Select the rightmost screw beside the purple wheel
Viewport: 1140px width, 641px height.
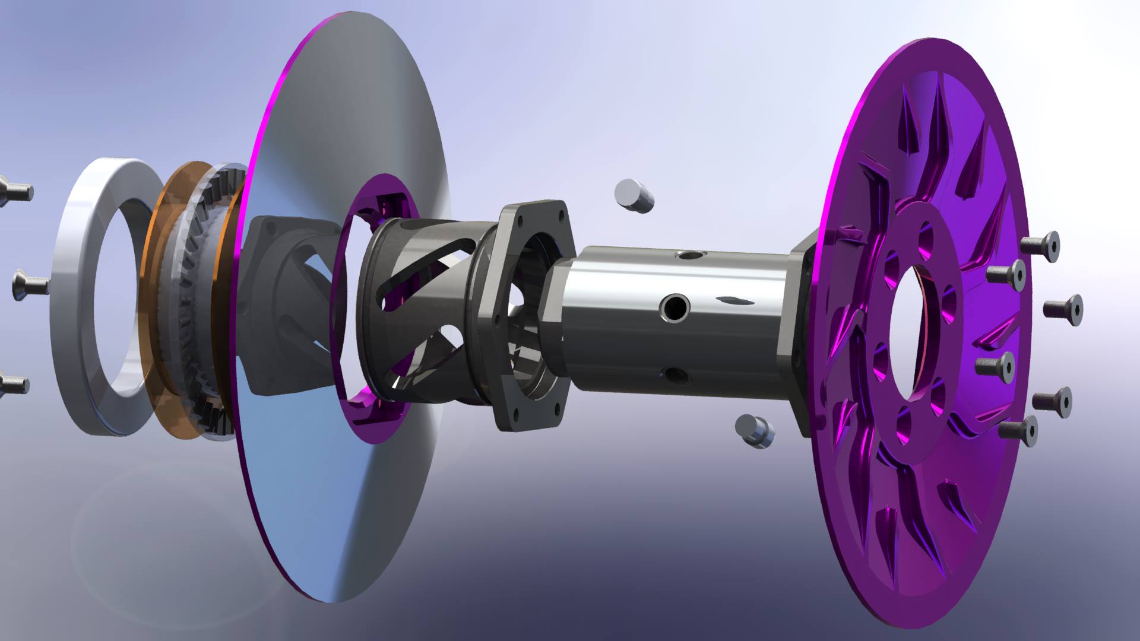(x=1063, y=309)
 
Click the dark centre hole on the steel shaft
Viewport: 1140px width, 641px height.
(x=676, y=307)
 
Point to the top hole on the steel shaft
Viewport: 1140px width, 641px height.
(x=689, y=256)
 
